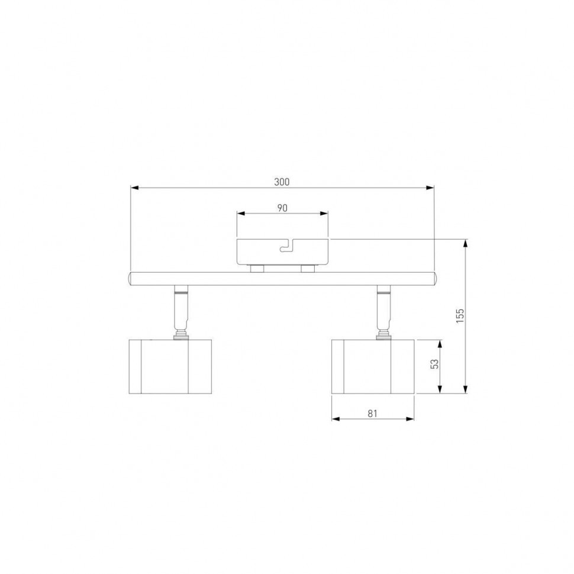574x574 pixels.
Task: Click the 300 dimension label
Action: pos(282,182)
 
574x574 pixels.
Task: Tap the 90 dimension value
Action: pos(282,208)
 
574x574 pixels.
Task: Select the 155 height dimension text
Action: pos(460,315)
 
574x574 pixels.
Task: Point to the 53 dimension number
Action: pos(434,363)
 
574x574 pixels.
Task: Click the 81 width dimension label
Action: pos(372,413)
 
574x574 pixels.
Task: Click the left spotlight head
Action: pos(170,366)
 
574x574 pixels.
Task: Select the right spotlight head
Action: pos(373,366)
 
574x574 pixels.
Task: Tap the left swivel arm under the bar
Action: pos(182,312)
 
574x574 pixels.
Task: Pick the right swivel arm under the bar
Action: pos(384,312)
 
